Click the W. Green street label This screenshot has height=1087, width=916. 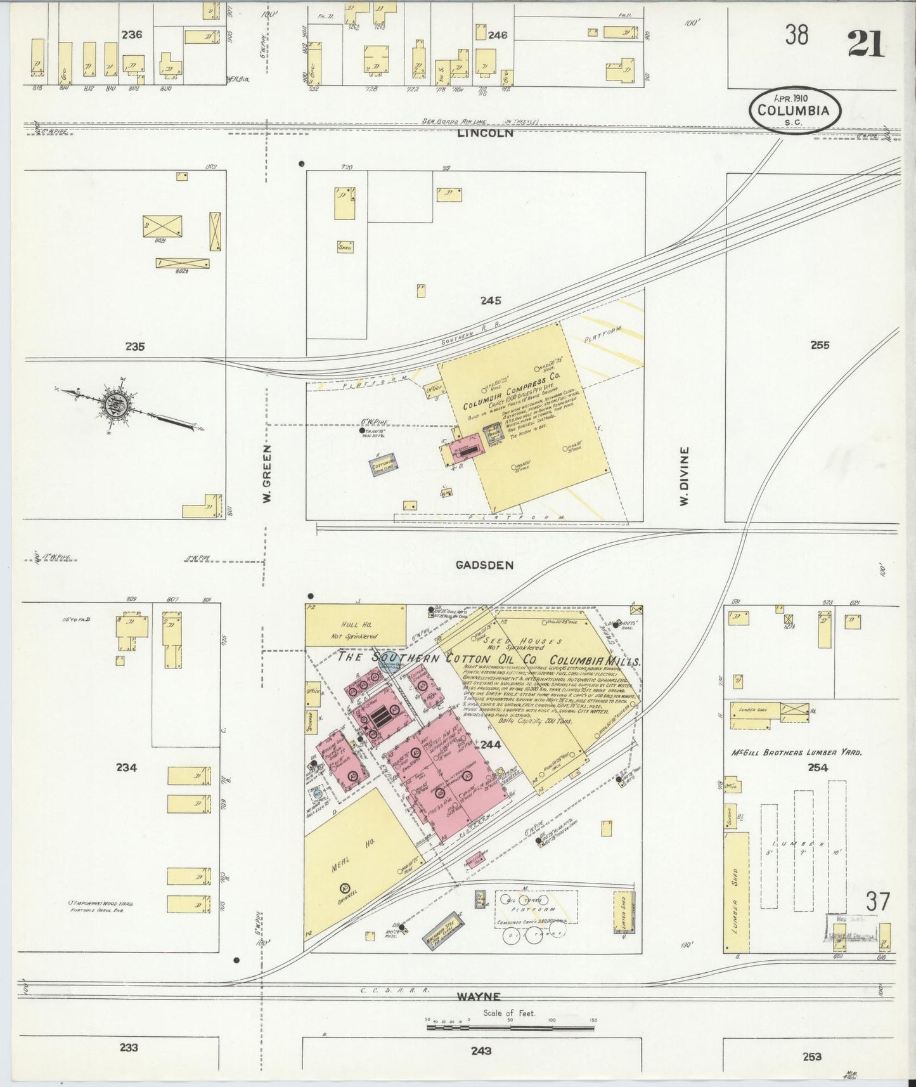pyautogui.click(x=268, y=474)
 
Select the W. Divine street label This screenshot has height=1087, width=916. pyautogui.click(x=684, y=476)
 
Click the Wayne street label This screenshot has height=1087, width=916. pyautogui.click(x=479, y=997)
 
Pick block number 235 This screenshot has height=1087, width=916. pyautogui.click(x=135, y=347)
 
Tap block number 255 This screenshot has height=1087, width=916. pyautogui.click(x=820, y=346)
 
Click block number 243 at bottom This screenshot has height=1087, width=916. pyautogui.click(x=481, y=1051)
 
